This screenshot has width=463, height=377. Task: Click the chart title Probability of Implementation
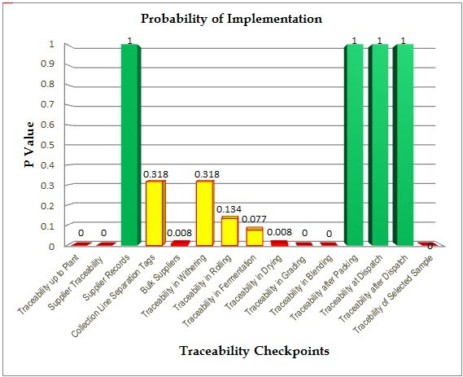(x=232, y=17)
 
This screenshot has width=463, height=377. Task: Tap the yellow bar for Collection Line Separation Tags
(x=154, y=213)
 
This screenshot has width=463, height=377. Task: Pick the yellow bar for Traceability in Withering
(x=204, y=213)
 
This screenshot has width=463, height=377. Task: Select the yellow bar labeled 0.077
(x=255, y=236)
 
